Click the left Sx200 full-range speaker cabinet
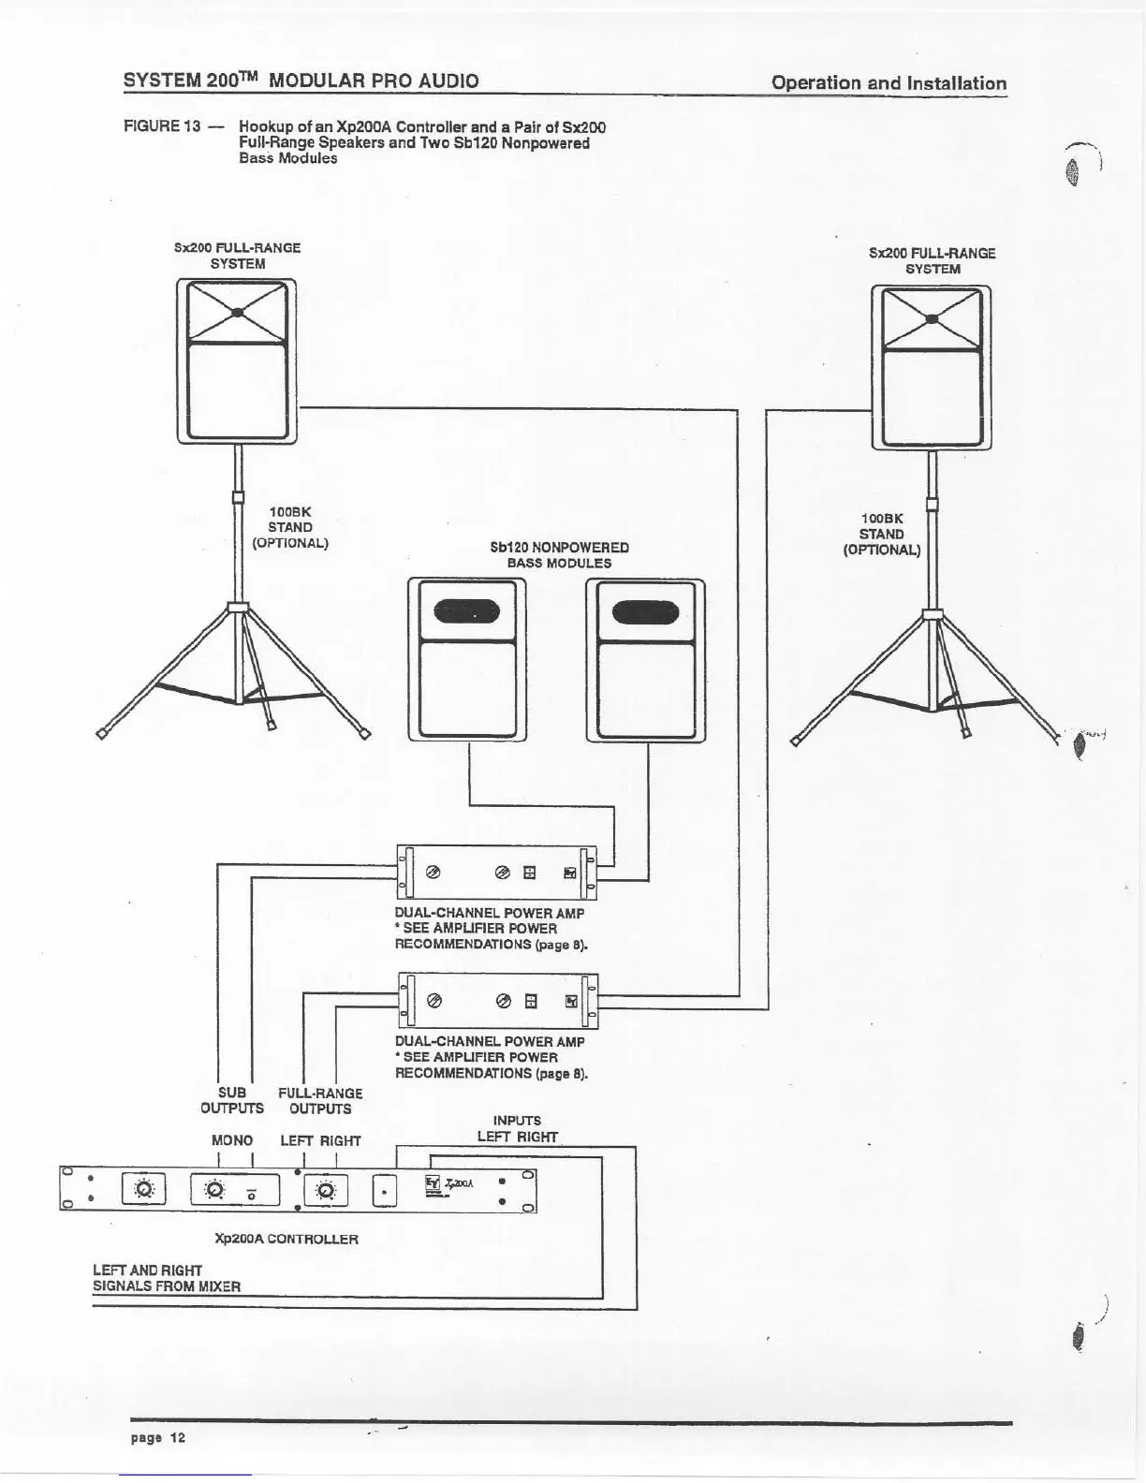pyautogui.click(x=237, y=361)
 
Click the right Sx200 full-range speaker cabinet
pyautogui.click(x=931, y=367)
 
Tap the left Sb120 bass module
pyautogui.click(x=467, y=660)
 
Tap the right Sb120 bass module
pyautogui.click(x=645, y=660)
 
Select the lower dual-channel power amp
pyautogui.click(x=497, y=1001)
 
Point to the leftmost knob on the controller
pyautogui.click(x=143, y=1190)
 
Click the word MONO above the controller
pyautogui.click(x=232, y=1140)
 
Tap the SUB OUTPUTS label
pyautogui.click(x=232, y=1101)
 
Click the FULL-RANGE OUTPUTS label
pyautogui.click(x=320, y=1101)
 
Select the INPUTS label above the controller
pyautogui.click(x=517, y=1120)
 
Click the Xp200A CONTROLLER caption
pyautogui.click(x=286, y=1239)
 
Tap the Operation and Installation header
pyautogui.click(x=889, y=82)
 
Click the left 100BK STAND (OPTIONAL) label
pyautogui.click(x=290, y=527)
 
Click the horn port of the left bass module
pyautogui.click(x=467, y=613)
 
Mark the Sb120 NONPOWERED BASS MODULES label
pyautogui.click(x=559, y=555)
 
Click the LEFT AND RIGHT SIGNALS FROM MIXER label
pyautogui.click(x=167, y=1278)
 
